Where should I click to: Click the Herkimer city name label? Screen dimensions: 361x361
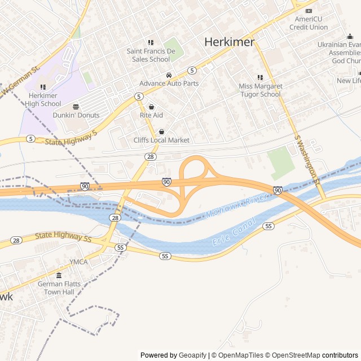229,42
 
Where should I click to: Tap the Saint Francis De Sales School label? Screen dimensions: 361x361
151,55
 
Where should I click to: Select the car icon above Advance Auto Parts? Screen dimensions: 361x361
169,75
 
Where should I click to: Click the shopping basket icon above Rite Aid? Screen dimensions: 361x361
151,107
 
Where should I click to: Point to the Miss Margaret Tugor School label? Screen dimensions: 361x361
260,90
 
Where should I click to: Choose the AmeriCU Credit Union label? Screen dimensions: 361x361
308,23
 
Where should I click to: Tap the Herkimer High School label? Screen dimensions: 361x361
43,99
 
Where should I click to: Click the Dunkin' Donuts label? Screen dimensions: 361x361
76,115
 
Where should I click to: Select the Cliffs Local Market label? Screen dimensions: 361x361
161,140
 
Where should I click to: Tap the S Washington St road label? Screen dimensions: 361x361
307,160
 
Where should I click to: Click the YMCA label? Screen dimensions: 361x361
78,262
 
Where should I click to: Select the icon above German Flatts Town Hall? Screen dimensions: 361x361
59,275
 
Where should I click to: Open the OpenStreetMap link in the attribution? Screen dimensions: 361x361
293,355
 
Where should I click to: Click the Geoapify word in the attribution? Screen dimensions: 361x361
192,355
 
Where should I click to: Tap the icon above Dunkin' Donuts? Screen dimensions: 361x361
76,107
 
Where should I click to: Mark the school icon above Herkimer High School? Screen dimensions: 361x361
43,87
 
